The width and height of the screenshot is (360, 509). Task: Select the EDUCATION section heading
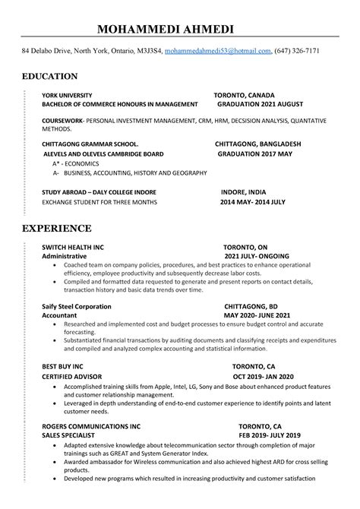(49, 76)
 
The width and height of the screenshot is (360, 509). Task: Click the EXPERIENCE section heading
(57, 228)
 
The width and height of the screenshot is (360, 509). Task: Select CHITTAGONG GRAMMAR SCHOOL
(90, 144)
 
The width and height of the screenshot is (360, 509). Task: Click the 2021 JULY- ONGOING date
(257, 257)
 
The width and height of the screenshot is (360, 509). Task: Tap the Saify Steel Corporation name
(76, 306)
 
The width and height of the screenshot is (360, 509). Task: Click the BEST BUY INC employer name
(62, 365)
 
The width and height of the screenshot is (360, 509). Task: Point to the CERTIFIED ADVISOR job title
(73, 377)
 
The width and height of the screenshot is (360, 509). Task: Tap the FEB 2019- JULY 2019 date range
(269, 435)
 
